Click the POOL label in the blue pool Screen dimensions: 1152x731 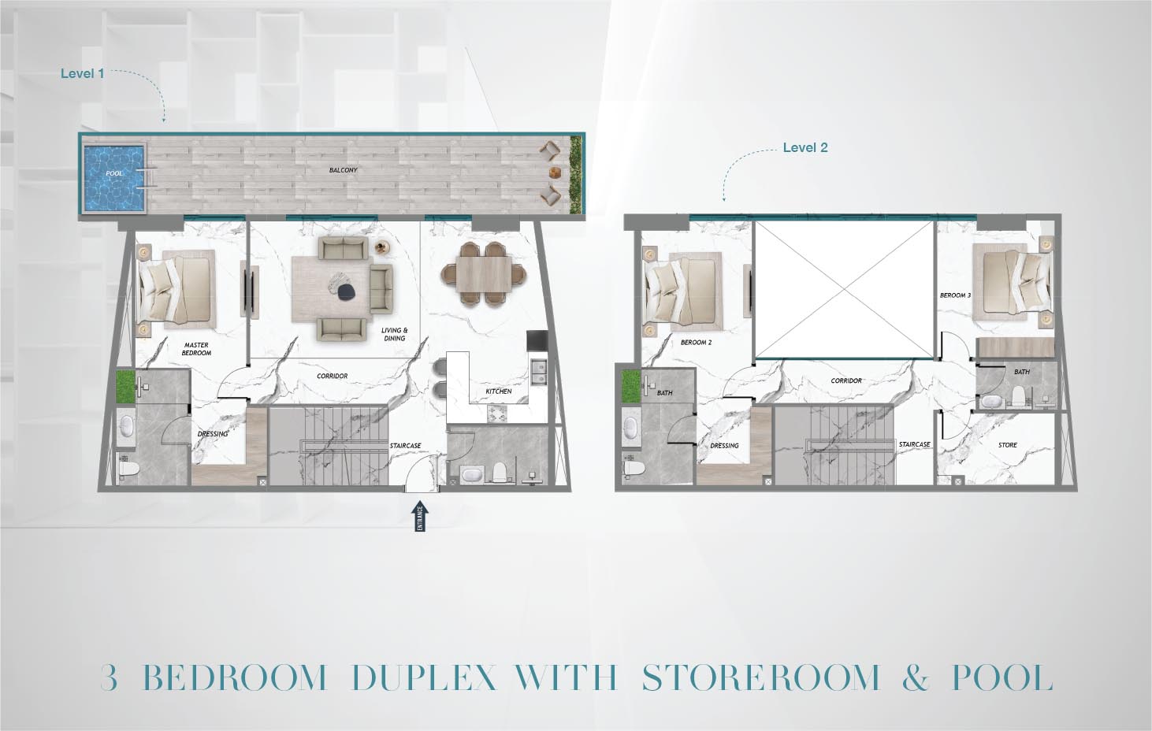point(114,174)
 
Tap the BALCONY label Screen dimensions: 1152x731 point(343,170)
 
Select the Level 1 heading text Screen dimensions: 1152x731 point(82,73)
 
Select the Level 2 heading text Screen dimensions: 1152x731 point(805,147)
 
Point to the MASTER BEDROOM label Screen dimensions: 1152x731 point(196,349)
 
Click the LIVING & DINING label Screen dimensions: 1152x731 point(395,334)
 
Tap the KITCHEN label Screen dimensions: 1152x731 point(499,391)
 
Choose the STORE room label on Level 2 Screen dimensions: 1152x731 point(1008,445)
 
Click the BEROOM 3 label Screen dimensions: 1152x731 point(956,295)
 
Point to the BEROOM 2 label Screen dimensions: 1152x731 point(697,343)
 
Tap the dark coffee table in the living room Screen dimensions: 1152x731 point(348,291)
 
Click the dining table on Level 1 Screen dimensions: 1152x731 point(485,274)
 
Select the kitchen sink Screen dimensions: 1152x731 point(539,371)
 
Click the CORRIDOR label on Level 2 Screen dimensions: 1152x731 point(846,381)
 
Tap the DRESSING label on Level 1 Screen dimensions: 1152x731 point(213,434)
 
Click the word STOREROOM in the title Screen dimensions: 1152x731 point(761,677)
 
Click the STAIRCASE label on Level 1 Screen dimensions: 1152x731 point(405,446)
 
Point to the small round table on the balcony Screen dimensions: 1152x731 point(555,173)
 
